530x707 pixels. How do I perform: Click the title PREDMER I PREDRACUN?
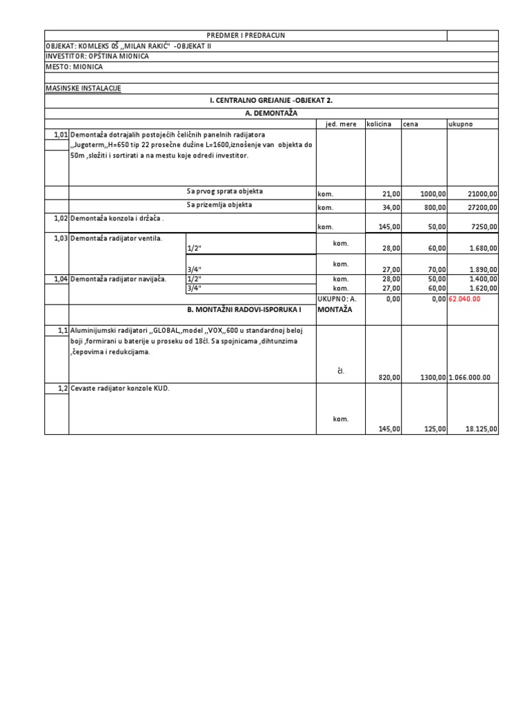click(246, 35)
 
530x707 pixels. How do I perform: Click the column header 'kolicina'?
click(379, 124)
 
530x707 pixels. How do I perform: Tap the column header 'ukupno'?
click(461, 124)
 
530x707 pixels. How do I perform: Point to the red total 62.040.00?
click(473, 299)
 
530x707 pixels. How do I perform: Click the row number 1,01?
click(58, 134)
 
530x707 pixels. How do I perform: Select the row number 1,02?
click(58, 217)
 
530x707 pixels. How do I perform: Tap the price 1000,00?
click(433, 195)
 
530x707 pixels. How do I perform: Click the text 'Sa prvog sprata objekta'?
click(224, 191)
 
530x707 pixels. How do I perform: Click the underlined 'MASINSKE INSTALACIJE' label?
click(83, 89)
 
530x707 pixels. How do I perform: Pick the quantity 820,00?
click(389, 378)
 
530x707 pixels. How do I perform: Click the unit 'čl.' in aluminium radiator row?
click(341, 371)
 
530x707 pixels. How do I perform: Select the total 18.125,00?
click(481, 429)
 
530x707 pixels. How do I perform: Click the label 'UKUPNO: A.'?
click(336, 299)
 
